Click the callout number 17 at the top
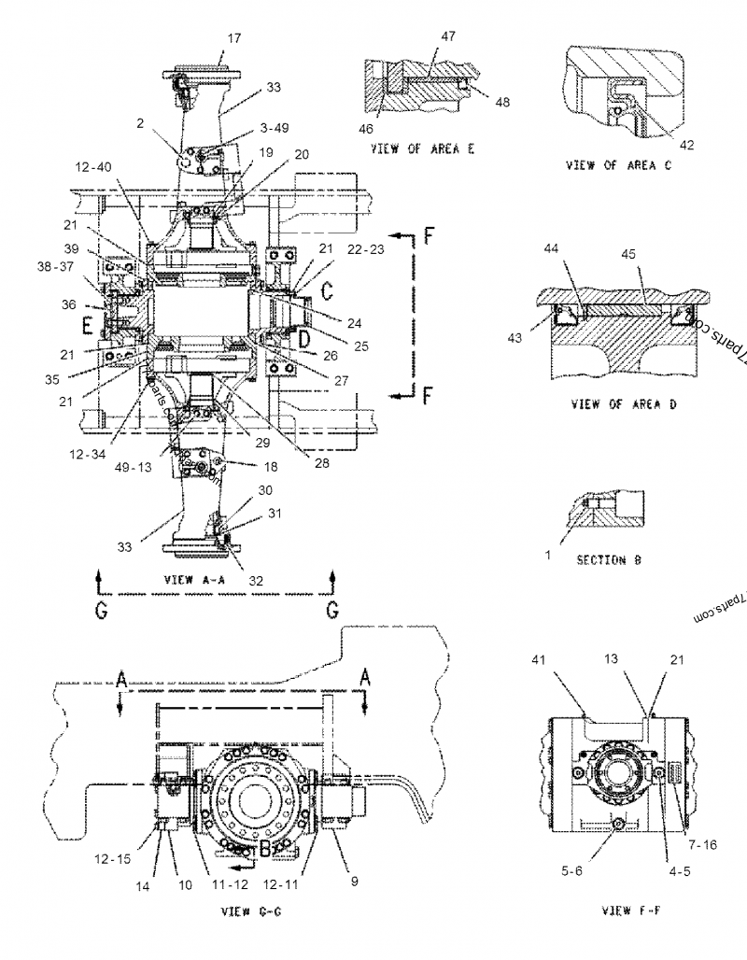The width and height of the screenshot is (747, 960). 233,38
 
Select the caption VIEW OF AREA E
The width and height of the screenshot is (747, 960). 421,148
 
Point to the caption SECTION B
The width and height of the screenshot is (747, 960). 609,560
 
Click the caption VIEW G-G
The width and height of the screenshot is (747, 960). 247,910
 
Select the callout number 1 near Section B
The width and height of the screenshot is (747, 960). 548,555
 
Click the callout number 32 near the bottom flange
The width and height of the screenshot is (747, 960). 256,580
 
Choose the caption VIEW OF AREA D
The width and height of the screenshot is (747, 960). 614,404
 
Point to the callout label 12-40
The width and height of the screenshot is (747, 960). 95,167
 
